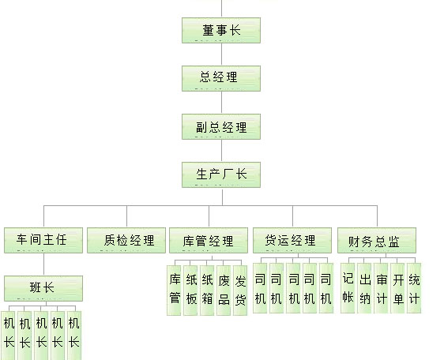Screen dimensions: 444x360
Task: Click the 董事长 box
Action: point(221,30)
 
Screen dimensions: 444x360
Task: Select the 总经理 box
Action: point(221,78)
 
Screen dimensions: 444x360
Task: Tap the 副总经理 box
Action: point(221,126)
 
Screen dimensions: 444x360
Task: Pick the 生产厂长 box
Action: point(221,174)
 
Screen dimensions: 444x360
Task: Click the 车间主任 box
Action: point(43,240)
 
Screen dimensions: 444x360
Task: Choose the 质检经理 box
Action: point(126,240)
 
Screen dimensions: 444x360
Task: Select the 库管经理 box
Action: point(209,240)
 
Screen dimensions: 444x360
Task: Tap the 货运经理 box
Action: point(292,240)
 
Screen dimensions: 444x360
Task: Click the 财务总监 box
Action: point(377,240)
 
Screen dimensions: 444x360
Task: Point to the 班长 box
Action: point(43,288)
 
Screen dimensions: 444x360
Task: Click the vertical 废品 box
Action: point(224,291)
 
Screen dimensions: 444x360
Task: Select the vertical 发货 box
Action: point(240,291)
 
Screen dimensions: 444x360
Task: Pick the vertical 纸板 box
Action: point(190,291)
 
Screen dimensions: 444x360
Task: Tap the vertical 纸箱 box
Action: point(207,291)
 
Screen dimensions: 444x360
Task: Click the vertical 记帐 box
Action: point(348,288)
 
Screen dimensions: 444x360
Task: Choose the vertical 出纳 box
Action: point(364,288)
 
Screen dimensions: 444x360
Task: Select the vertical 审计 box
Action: point(381,288)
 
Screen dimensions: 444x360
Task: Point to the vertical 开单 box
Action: point(397,288)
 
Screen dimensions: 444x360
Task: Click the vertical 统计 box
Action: point(414,288)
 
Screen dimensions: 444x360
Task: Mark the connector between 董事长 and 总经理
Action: point(221,54)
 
